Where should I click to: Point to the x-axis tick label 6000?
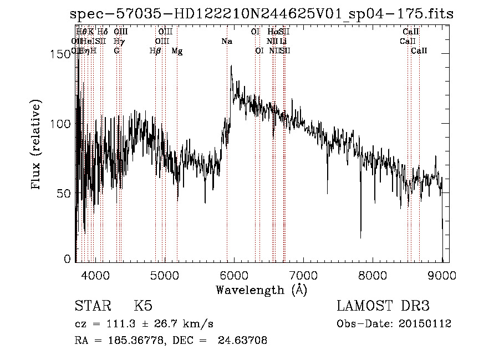pos(233,276)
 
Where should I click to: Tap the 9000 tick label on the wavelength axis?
pos(442,276)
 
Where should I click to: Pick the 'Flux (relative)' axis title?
pos(37,145)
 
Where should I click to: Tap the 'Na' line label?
pos(226,42)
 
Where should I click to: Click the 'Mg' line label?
pos(177,51)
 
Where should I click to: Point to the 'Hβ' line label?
pos(155,51)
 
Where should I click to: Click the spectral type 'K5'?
pos(143,306)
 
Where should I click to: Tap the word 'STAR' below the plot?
pos(91,306)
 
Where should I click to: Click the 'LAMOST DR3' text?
pos(383,306)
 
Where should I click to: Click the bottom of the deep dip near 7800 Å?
pos(360,237)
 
